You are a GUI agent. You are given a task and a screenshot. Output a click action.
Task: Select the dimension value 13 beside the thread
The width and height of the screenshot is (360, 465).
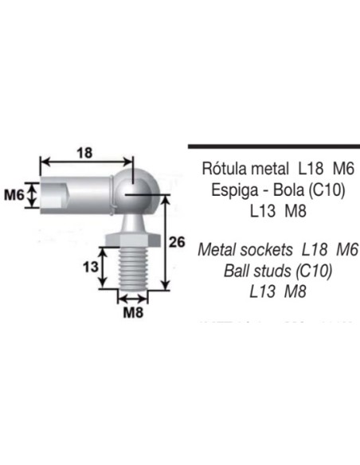pos(91,266)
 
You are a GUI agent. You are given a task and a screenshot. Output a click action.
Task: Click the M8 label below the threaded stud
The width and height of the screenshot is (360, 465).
pos(132,312)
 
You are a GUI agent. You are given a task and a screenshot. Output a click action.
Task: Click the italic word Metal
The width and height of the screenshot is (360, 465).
pos(217,250)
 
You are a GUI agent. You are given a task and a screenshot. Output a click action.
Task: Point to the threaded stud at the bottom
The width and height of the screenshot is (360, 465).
pos(132,271)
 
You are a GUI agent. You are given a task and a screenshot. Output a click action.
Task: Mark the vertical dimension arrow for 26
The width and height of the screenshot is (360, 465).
pos(165,243)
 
